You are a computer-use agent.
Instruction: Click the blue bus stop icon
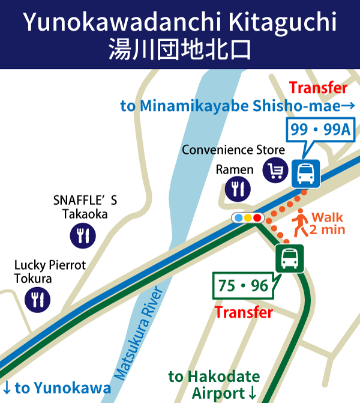click(x=306, y=173)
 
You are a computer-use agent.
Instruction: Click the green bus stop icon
click(x=289, y=258)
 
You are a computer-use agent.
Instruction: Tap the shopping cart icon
click(x=275, y=171)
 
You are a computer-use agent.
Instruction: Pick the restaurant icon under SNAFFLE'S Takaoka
click(x=82, y=235)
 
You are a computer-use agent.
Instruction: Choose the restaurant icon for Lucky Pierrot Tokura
click(x=37, y=298)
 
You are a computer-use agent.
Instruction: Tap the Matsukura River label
click(x=139, y=333)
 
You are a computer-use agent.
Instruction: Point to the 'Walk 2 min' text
click(x=326, y=223)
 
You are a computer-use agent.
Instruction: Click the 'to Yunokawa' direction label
click(x=57, y=388)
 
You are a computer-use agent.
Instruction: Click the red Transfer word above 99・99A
click(x=318, y=88)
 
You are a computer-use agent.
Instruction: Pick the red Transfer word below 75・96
click(x=244, y=312)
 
